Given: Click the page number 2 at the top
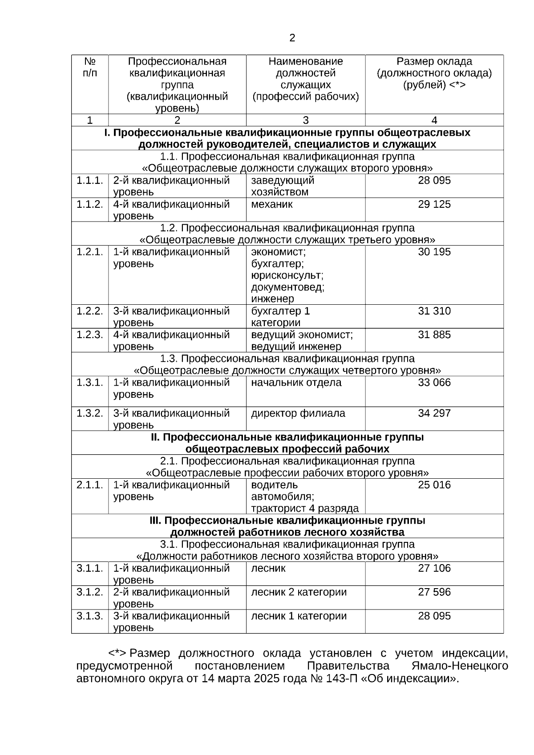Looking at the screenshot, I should point(292,38).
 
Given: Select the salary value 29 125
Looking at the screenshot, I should point(434,204).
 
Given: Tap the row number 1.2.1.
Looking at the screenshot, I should point(89,252).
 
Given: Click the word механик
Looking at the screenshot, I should point(272,204).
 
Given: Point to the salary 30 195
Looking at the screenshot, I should point(434,252).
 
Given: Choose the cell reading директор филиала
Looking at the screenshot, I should point(298,413).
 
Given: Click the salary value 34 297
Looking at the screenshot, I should point(434,413).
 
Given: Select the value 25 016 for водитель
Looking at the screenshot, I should point(434,485).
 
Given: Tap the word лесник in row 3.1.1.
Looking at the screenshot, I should point(268,568).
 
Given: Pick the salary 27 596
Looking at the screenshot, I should point(434,592).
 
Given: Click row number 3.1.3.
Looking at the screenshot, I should point(89,616).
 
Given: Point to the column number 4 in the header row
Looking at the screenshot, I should point(434,120).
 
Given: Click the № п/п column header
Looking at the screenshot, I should point(89,67).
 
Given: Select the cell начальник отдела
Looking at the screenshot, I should point(296,383).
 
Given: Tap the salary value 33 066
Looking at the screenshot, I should point(434,383).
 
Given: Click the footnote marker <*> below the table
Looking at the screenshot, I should point(117,654).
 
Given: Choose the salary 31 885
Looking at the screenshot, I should point(434,335).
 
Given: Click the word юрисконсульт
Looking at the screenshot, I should point(287,275).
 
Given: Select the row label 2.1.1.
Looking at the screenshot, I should point(89,485).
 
